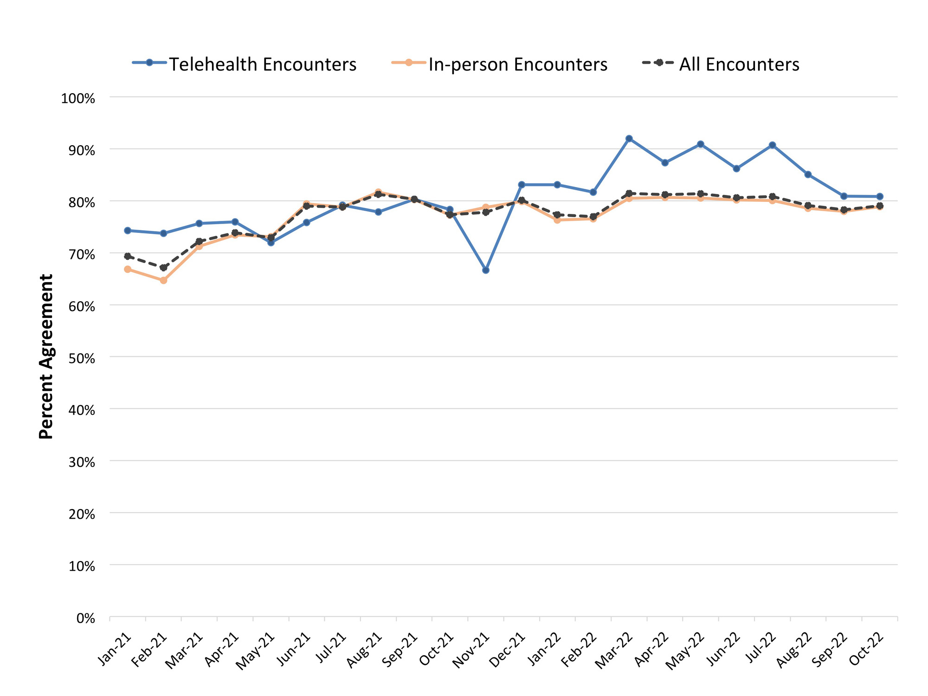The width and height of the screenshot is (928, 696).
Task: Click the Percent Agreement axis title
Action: (46, 356)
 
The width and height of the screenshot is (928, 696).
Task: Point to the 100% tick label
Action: (78, 98)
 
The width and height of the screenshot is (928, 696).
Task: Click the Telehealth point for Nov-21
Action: (485, 270)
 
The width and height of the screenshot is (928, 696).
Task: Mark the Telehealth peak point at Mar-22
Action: (629, 139)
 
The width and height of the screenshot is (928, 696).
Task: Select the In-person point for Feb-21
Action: (163, 280)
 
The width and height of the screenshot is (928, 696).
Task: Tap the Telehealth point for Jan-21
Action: (128, 231)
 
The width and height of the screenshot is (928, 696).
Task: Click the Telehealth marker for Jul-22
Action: (772, 145)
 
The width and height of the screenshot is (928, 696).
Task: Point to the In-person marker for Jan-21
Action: (128, 269)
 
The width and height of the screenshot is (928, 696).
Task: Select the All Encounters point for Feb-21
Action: (163, 268)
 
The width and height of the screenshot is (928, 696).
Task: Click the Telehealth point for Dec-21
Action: (522, 185)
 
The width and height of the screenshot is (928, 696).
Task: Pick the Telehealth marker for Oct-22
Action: (880, 197)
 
